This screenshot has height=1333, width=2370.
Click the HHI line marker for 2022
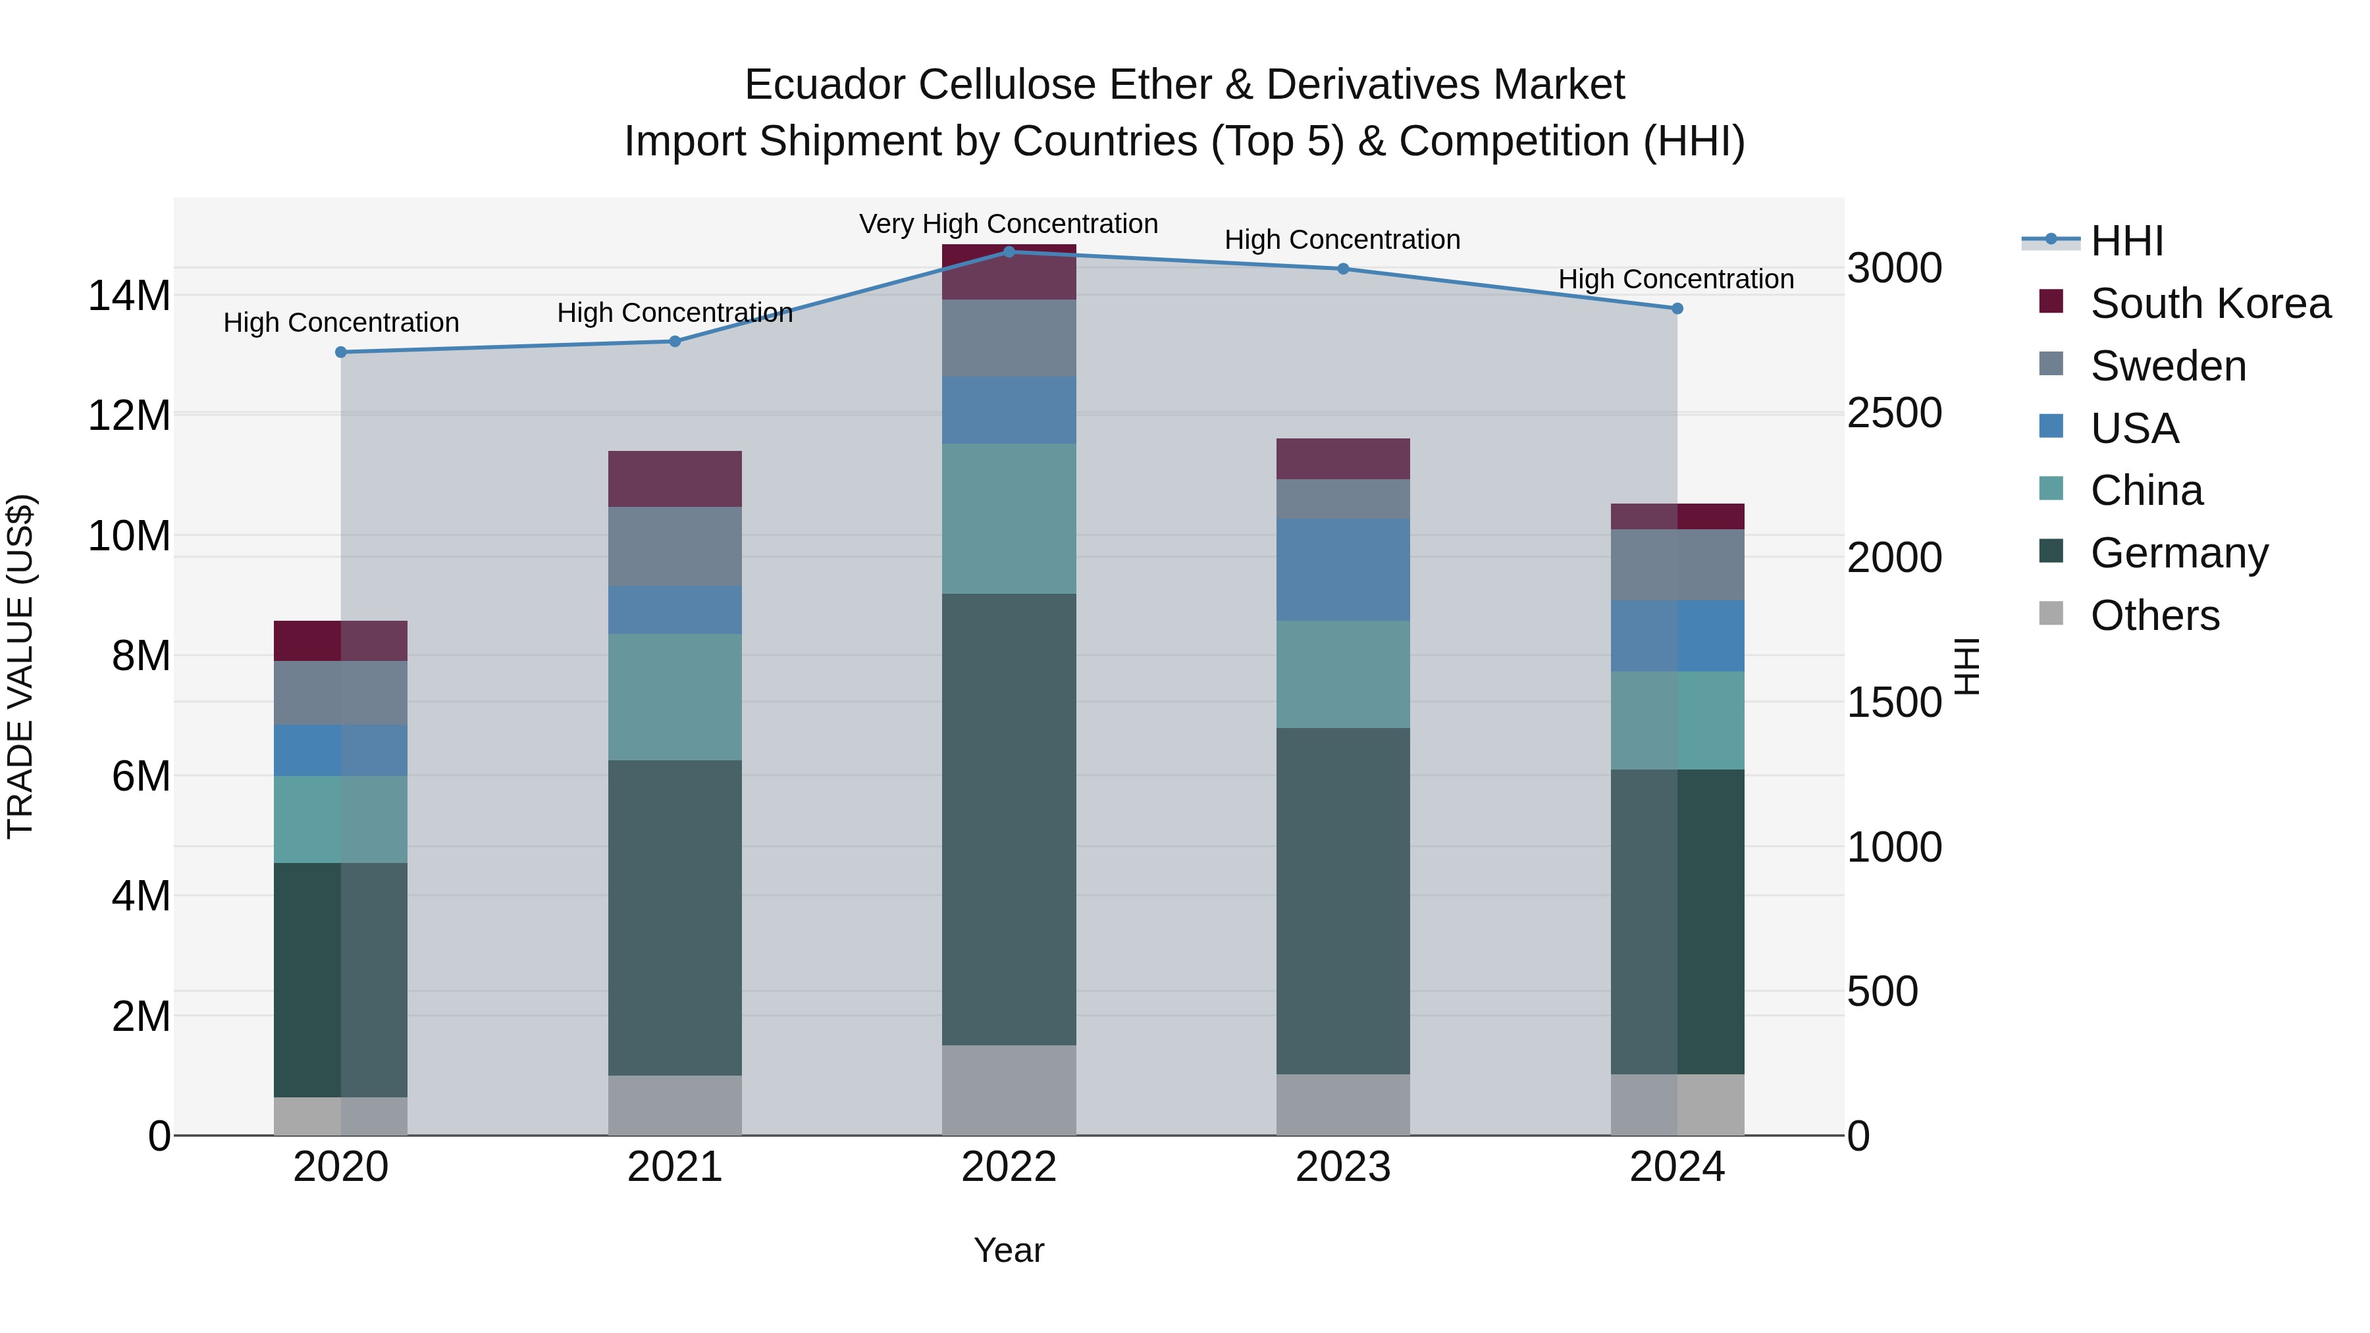tap(1009, 251)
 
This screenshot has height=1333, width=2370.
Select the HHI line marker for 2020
tap(340, 352)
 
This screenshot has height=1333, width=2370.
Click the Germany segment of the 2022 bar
tap(1009, 819)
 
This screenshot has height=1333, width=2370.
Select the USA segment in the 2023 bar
tap(1342, 569)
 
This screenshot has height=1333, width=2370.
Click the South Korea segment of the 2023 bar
tap(1342, 459)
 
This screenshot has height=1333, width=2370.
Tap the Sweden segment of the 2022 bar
tap(1009, 338)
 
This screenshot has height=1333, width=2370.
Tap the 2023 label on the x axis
tap(1342, 1167)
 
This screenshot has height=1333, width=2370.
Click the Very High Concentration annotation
tap(1009, 224)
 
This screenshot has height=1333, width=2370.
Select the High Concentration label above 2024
tap(1675, 278)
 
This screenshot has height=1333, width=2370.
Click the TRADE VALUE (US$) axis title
tap(20, 666)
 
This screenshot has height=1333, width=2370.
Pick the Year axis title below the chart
tap(1009, 1250)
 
